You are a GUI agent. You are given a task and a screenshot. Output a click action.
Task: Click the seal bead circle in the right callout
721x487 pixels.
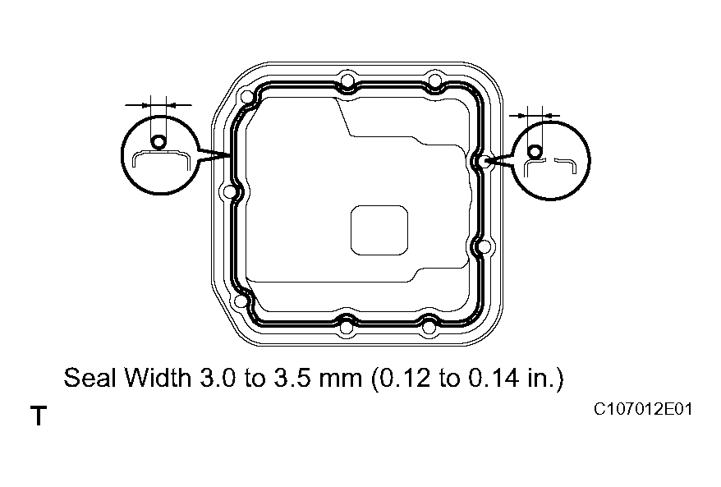(535, 151)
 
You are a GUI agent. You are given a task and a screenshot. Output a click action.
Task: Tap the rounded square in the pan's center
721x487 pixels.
(379, 229)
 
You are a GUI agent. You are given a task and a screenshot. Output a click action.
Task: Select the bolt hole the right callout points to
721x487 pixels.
(485, 162)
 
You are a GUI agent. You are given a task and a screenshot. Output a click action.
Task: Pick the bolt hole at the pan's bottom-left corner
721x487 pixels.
(241, 301)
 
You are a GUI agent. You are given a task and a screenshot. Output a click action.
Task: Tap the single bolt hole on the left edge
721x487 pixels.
(229, 191)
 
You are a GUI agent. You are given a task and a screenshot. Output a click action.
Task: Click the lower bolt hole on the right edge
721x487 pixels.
(484, 246)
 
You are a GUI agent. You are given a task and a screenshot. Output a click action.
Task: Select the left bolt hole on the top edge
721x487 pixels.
(348, 80)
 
